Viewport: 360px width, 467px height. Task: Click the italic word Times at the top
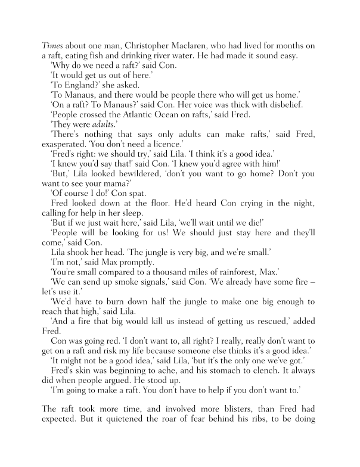click(x=52, y=46)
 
